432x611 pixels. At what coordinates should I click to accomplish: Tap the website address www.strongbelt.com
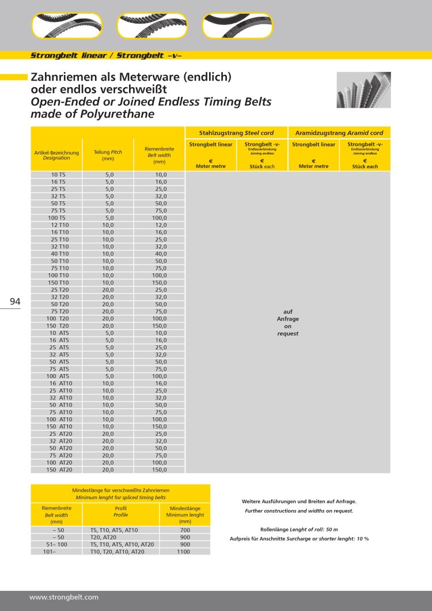click(64, 597)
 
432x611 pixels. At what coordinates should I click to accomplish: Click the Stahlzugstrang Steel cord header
click(236, 133)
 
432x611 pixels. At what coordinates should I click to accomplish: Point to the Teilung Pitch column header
click(108, 154)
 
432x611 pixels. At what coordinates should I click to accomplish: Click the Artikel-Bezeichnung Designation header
click(56, 154)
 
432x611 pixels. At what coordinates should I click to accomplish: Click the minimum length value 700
click(185, 530)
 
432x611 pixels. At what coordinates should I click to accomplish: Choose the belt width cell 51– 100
click(56, 544)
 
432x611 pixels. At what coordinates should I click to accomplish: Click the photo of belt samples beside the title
click(363, 90)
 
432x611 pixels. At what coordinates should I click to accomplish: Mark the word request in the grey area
click(288, 334)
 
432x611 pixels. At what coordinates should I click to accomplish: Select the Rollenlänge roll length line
click(299, 529)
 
